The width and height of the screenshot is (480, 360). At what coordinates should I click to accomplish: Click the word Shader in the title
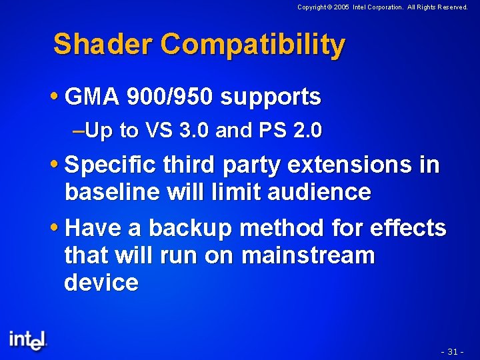[x=103, y=45]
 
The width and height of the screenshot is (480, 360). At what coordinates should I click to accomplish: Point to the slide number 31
[x=453, y=351]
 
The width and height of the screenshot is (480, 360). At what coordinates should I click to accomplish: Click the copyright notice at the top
[x=382, y=7]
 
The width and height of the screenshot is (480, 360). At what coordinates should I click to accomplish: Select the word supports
[x=271, y=98]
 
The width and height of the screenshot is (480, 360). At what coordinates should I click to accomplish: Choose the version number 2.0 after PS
[x=306, y=131]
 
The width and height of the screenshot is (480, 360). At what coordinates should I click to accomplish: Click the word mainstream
[x=308, y=255]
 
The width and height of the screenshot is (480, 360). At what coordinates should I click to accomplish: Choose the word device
[x=101, y=283]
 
